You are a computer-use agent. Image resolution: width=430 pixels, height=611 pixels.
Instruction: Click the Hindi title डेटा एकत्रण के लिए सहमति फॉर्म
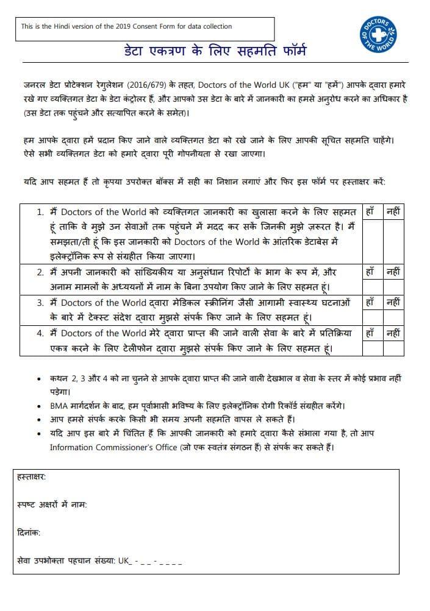212,51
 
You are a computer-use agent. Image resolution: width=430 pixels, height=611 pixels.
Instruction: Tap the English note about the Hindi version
126,26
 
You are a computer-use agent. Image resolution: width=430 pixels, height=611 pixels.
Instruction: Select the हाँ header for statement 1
370,212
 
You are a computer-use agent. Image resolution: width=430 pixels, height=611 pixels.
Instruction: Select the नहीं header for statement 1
393,212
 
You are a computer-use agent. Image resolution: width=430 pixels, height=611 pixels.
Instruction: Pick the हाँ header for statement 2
370,272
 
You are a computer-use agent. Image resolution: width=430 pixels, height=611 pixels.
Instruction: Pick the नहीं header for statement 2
393,272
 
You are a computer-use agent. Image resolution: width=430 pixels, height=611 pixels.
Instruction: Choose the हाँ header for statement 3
370,302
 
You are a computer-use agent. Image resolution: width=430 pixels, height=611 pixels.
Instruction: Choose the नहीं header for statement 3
393,302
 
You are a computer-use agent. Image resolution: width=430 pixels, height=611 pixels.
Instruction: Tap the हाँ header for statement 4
370,333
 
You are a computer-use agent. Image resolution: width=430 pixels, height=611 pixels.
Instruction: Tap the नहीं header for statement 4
393,333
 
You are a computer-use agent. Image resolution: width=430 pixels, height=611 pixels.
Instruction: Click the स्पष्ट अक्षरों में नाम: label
52,505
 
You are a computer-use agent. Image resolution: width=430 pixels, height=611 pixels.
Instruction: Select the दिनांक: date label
29,532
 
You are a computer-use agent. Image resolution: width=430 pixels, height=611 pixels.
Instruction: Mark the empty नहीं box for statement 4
393,348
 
